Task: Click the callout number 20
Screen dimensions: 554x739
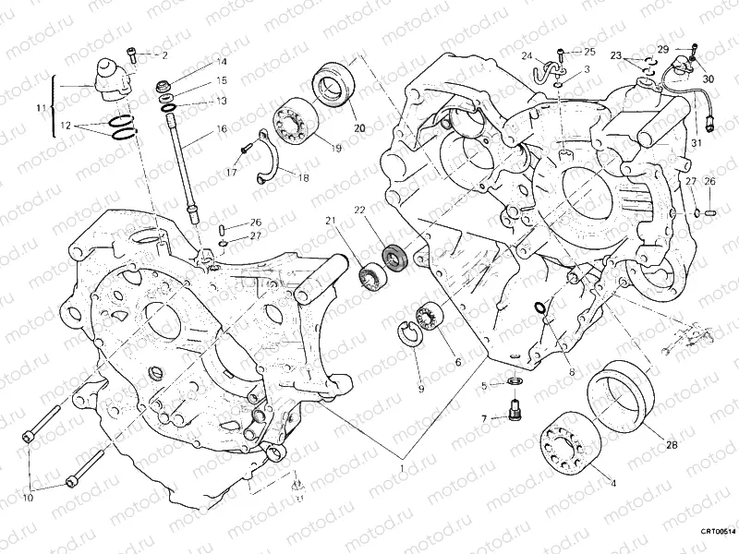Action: point(359,127)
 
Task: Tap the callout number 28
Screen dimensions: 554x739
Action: point(672,445)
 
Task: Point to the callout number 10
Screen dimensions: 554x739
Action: point(28,499)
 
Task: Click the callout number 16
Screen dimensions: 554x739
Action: point(222,129)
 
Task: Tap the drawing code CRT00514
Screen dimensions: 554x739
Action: point(717,532)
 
